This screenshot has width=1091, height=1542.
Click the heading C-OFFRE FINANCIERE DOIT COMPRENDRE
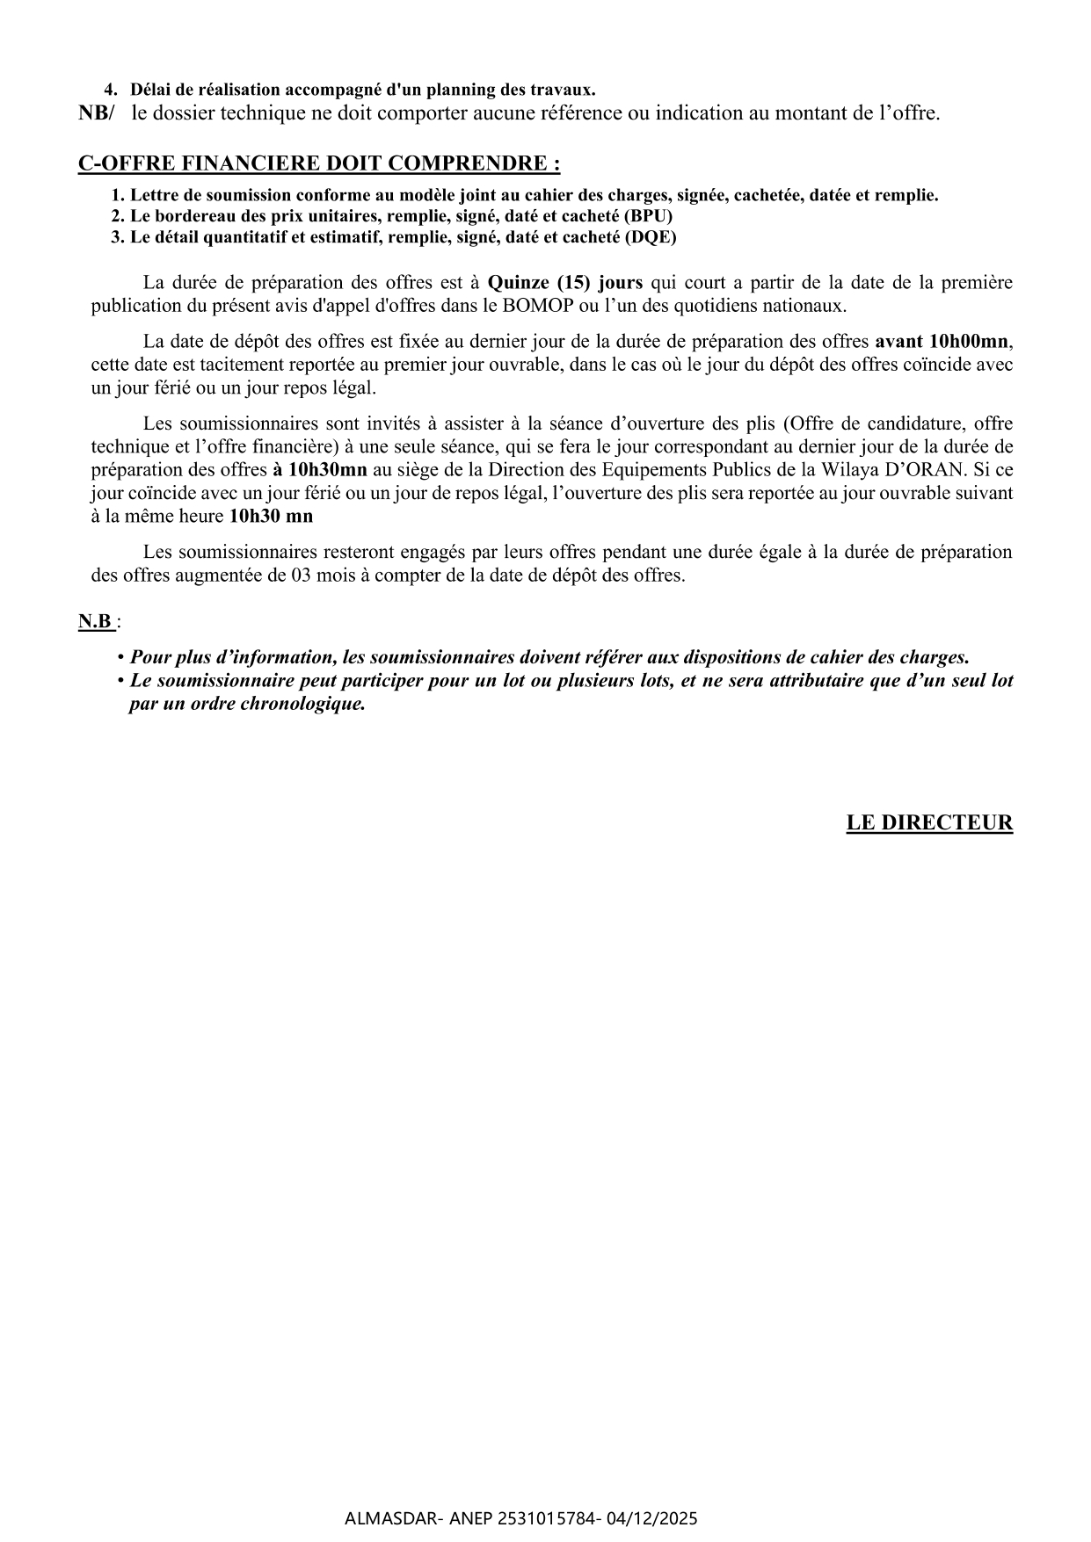pyautogui.click(x=318, y=164)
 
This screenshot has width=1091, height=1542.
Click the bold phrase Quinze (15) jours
pyautogui.click(x=565, y=283)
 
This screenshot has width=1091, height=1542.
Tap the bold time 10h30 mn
pyautogui.click(x=271, y=517)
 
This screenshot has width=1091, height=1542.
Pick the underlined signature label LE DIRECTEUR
pyautogui.click(x=929, y=823)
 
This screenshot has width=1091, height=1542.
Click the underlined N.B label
pyautogui.click(x=96, y=622)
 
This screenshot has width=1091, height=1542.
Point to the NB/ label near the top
pyautogui.click(x=97, y=113)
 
